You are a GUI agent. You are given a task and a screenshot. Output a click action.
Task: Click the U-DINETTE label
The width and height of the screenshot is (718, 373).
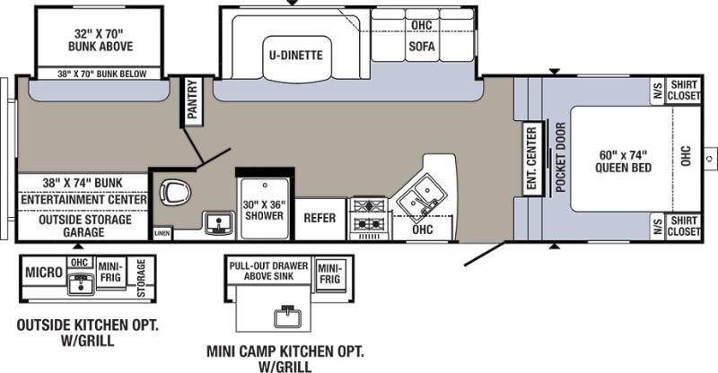tap(296, 56)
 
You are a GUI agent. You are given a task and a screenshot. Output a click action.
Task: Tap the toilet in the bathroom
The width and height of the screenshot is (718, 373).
tap(175, 192)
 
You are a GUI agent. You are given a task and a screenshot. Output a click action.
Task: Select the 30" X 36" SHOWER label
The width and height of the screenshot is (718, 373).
tap(264, 210)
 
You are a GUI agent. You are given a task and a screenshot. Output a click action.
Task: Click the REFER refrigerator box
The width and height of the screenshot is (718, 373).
tap(320, 218)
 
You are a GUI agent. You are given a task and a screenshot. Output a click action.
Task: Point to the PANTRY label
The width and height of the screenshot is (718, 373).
tap(192, 100)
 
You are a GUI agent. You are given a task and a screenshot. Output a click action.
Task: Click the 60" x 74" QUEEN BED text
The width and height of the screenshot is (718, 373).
tap(623, 161)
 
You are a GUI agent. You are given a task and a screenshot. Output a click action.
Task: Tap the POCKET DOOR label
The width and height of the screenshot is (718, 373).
tap(560, 158)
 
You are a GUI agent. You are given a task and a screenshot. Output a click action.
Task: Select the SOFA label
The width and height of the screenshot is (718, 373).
tap(422, 47)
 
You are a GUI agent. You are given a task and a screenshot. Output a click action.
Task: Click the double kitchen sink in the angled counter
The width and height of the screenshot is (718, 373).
tap(422, 197)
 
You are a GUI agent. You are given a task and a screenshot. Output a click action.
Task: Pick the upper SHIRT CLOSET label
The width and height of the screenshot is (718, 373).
tap(684, 91)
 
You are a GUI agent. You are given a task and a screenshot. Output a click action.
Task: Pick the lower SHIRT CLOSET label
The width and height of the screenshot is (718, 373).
tap(684, 226)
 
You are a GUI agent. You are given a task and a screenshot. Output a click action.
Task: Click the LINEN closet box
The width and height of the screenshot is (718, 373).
tap(162, 233)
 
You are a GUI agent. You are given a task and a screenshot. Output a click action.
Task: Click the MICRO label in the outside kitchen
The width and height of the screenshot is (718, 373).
tap(43, 273)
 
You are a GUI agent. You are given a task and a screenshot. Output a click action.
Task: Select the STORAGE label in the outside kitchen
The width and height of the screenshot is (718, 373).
tap(141, 278)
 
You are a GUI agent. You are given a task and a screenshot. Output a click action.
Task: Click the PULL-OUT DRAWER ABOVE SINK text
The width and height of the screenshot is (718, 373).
tap(268, 271)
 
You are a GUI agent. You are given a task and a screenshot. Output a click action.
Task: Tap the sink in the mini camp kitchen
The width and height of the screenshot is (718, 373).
tap(287, 317)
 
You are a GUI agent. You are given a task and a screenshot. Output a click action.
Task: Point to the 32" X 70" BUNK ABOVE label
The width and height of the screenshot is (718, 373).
tap(101, 39)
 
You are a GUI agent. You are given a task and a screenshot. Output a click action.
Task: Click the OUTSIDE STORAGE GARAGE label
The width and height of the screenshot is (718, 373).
tap(84, 226)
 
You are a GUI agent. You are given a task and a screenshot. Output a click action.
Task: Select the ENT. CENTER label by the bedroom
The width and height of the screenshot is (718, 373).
tap(531, 158)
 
